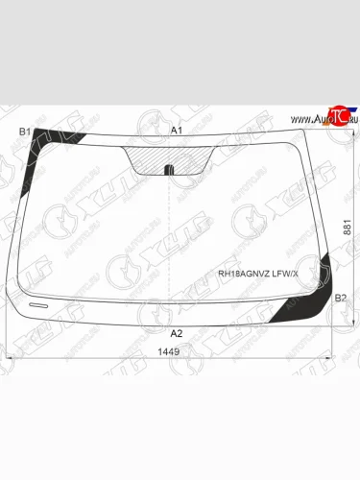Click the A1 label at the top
(176, 130)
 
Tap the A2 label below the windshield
(176, 333)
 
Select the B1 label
(25, 131)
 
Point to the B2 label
(340, 299)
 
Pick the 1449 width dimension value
(169, 351)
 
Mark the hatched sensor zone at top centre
(170, 155)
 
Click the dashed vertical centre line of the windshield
(170, 240)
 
